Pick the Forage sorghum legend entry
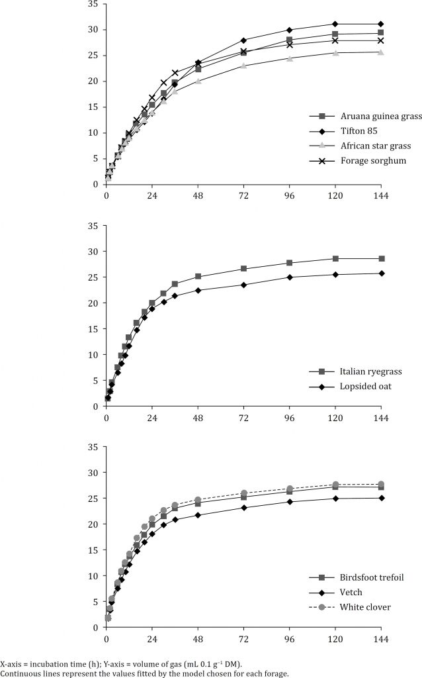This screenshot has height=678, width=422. pyautogui.click(x=351, y=160)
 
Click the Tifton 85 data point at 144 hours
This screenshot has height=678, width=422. pyautogui.click(x=380, y=24)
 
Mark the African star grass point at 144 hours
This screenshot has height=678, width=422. pyautogui.click(x=380, y=52)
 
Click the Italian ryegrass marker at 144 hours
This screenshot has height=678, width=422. pyautogui.click(x=380, y=259)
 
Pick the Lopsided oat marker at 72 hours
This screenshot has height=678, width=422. pyautogui.click(x=243, y=285)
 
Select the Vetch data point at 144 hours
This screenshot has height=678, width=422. pyautogui.click(x=380, y=498)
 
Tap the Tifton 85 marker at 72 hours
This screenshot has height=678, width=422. pyautogui.click(x=243, y=40)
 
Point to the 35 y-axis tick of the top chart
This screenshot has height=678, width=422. pyautogui.click(x=93, y=5)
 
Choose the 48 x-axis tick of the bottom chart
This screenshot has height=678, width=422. pyautogui.click(x=198, y=640)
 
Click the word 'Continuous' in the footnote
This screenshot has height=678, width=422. pyautogui.click(x=21, y=673)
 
